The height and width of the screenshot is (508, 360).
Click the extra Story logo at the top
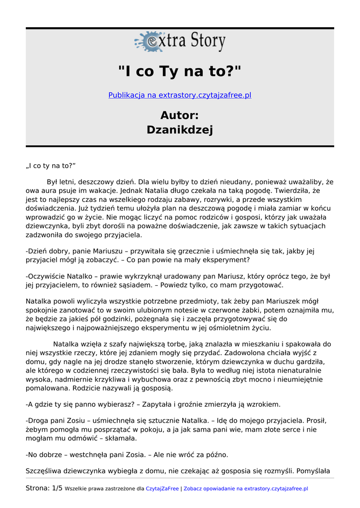pos(180,42)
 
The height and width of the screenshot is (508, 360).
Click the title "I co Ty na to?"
pos(180,71)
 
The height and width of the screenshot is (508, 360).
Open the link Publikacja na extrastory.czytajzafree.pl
pos(180,95)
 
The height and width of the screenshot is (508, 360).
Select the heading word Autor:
pos(180,115)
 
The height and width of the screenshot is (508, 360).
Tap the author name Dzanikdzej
pos(180,130)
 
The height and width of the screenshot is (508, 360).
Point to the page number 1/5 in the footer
pos(57,488)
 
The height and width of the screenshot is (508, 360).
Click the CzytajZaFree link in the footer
pos(162,489)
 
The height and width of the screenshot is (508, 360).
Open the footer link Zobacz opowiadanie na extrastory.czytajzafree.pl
pos(246,489)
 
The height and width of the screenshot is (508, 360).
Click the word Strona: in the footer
pos(38,488)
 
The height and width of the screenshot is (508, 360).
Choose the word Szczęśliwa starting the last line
pos(45,470)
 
